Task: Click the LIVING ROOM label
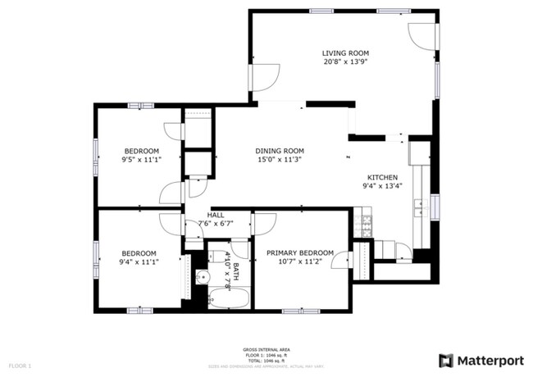pos(345,52)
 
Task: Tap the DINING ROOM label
pos(280,151)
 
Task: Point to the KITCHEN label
pos(382,177)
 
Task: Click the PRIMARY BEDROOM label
pos(300,252)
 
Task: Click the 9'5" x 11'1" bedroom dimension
pos(141,161)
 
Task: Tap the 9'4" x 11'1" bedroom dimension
pos(139,262)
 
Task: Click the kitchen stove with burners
pos(364,221)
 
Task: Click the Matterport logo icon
pos(446,360)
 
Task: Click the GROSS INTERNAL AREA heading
pos(266,349)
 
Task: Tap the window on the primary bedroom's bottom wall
pos(299,311)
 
